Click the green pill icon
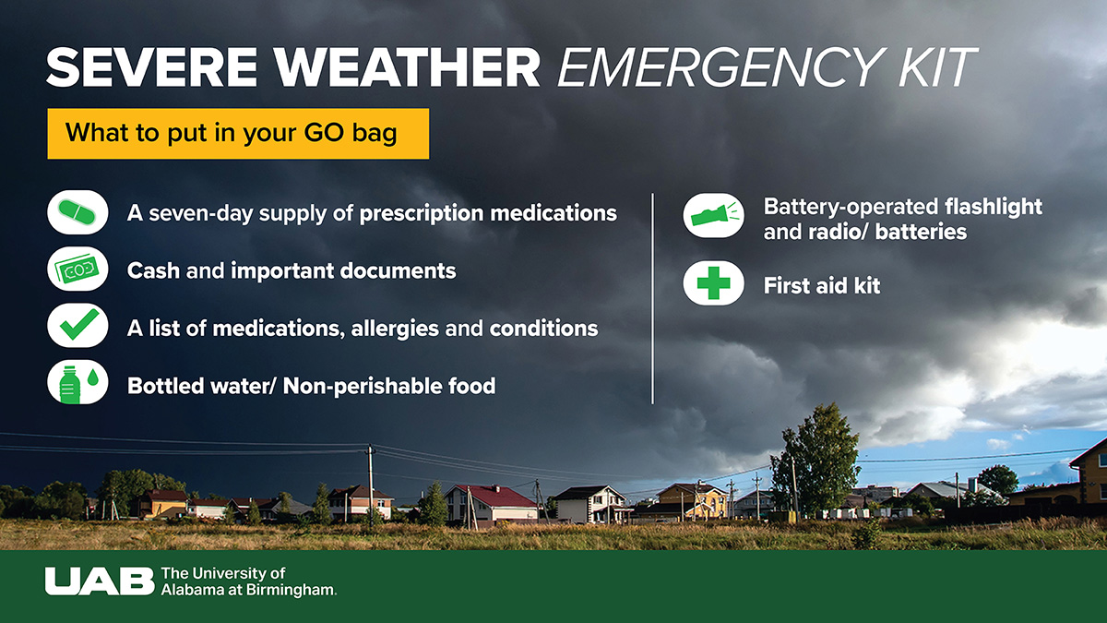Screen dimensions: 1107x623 (77, 212)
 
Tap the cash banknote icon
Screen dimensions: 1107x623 (77, 269)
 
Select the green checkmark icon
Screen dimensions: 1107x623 (79, 324)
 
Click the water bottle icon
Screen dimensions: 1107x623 (70, 385)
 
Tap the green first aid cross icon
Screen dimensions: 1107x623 (713, 282)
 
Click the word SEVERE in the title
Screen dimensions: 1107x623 (151, 67)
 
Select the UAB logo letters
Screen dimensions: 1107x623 (100, 581)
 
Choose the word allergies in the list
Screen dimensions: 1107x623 (395, 329)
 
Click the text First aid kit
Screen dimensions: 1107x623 (822, 285)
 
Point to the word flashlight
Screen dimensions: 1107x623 (994, 207)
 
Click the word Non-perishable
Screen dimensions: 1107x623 (363, 386)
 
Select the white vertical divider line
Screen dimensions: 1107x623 (652, 299)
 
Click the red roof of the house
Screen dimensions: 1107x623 (494, 496)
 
